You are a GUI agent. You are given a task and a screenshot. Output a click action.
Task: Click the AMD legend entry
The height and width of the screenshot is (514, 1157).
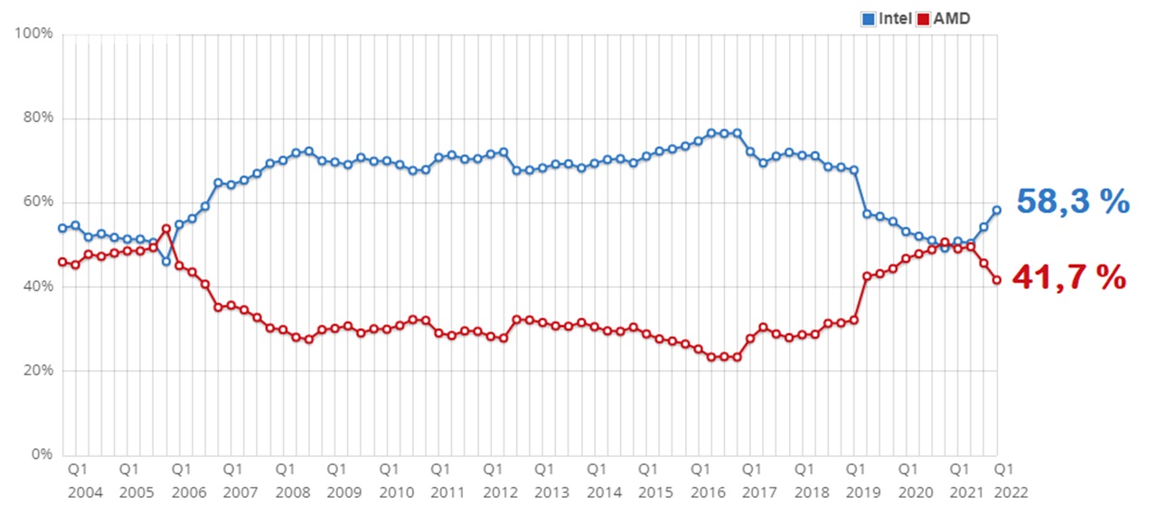click(x=945, y=18)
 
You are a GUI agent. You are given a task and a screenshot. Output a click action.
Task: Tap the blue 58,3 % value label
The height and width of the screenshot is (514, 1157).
click(x=1073, y=201)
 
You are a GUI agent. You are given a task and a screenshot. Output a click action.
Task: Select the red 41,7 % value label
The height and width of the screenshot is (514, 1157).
click(x=1069, y=278)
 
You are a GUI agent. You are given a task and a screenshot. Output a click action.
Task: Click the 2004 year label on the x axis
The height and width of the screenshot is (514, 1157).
click(x=84, y=493)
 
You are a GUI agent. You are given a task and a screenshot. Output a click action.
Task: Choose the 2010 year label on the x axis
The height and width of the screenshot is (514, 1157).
click(x=396, y=493)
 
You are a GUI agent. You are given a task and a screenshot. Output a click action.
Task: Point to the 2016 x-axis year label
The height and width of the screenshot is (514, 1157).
click(x=707, y=493)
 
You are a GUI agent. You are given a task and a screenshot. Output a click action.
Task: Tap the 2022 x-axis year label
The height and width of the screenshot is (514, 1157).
click(x=1011, y=493)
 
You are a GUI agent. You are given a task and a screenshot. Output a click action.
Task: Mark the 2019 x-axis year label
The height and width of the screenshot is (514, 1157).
click(x=862, y=493)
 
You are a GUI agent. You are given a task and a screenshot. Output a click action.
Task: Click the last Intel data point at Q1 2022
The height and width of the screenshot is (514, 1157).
click(x=997, y=210)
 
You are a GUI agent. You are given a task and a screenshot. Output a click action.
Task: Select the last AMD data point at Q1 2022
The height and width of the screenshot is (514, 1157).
click(x=997, y=280)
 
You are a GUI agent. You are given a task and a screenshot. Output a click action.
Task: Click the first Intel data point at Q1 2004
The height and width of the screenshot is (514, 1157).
click(x=62, y=228)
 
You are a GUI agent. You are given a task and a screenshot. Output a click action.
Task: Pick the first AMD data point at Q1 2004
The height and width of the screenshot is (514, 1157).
click(x=62, y=262)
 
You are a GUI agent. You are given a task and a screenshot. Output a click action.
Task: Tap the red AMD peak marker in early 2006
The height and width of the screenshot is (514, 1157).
click(x=166, y=229)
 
